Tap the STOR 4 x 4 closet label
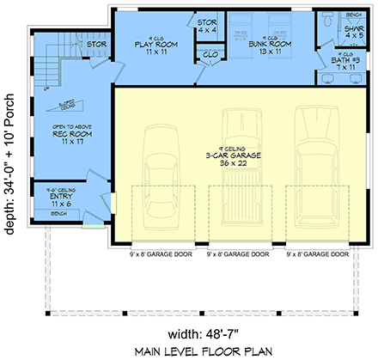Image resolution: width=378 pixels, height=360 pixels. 207,26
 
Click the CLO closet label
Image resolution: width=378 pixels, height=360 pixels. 210,56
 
